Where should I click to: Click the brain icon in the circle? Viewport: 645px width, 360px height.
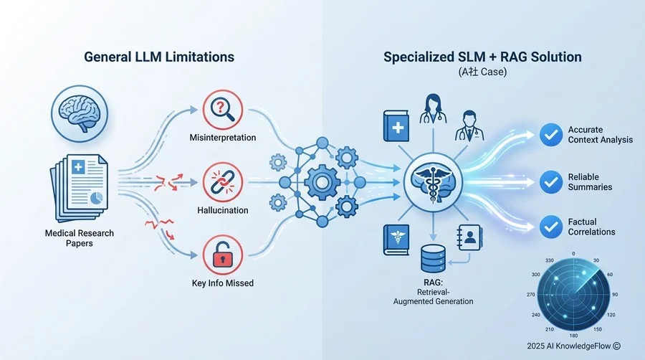[80, 113]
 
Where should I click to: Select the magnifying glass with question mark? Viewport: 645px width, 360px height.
[223, 110]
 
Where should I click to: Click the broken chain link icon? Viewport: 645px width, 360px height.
[223, 182]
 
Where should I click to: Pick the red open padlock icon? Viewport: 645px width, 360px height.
[223, 255]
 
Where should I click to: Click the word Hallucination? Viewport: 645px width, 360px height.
[223, 210]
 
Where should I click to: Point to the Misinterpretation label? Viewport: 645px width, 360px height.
[223, 138]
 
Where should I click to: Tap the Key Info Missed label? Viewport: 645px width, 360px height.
[223, 283]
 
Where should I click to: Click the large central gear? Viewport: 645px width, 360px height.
[322, 182]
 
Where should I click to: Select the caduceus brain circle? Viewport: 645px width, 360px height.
[433, 182]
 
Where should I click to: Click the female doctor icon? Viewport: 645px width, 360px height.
[433, 108]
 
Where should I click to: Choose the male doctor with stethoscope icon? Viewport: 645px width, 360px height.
[469, 125]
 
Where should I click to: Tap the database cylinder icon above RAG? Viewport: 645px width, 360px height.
[433, 259]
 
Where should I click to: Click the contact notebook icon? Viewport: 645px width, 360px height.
[469, 237]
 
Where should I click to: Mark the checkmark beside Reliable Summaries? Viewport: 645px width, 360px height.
[551, 182]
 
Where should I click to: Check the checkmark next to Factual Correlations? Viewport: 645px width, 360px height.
[551, 227]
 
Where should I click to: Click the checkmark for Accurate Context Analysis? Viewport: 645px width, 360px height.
[551, 135]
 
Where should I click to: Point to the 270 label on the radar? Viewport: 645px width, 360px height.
[530, 295]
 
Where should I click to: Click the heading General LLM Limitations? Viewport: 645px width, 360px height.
[159, 57]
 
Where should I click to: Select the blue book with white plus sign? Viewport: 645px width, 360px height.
[396, 126]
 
